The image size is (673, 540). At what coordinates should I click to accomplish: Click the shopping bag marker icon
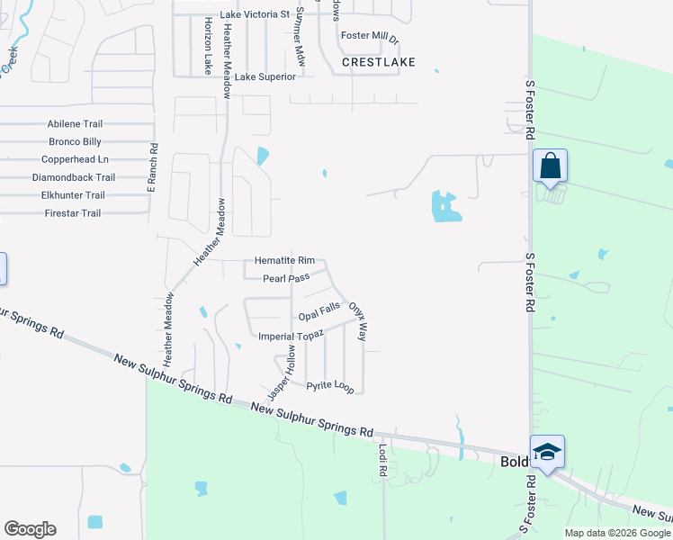(x=550, y=166)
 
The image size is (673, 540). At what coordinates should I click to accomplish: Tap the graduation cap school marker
(x=546, y=452)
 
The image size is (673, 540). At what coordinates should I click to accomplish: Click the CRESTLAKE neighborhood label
(x=379, y=62)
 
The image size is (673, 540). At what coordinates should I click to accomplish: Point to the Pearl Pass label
(x=286, y=279)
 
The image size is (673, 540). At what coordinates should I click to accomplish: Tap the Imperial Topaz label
(x=289, y=337)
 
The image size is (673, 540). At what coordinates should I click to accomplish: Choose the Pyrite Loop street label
(x=330, y=386)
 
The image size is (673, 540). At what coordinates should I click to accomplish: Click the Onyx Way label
(x=357, y=321)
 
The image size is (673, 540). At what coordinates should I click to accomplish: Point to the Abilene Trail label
(x=76, y=124)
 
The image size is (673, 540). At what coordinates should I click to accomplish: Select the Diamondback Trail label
(x=73, y=178)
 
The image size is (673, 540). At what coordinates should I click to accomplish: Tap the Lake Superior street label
(x=265, y=77)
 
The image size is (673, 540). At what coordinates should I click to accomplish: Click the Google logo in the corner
(x=30, y=529)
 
